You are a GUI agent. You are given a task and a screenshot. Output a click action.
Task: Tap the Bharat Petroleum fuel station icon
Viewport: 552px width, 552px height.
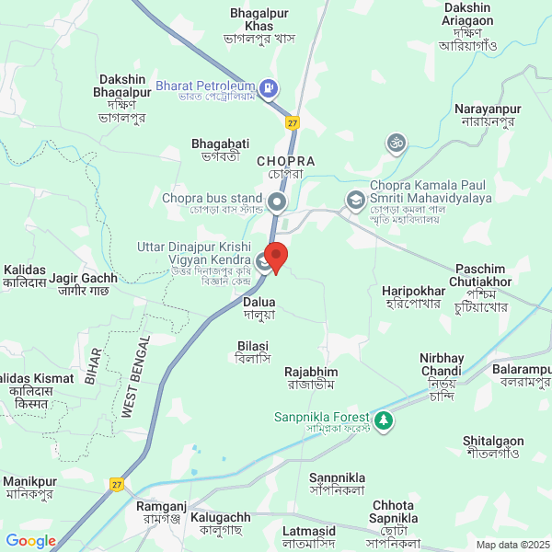(268, 89)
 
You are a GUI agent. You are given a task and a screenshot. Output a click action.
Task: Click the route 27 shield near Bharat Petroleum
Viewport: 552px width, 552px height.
(293, 121)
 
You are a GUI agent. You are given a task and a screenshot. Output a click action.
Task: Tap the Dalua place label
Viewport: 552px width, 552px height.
(259, 301)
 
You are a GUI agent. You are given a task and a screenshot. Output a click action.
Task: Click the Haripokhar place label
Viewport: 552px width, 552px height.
(413, 291)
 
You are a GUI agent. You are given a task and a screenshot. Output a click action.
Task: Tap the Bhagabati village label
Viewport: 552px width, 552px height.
(220, 144)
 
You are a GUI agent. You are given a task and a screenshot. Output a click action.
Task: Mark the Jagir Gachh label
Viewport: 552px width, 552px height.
(84, 278)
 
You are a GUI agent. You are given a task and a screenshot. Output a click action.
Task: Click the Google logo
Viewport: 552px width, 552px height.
(30, 541)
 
